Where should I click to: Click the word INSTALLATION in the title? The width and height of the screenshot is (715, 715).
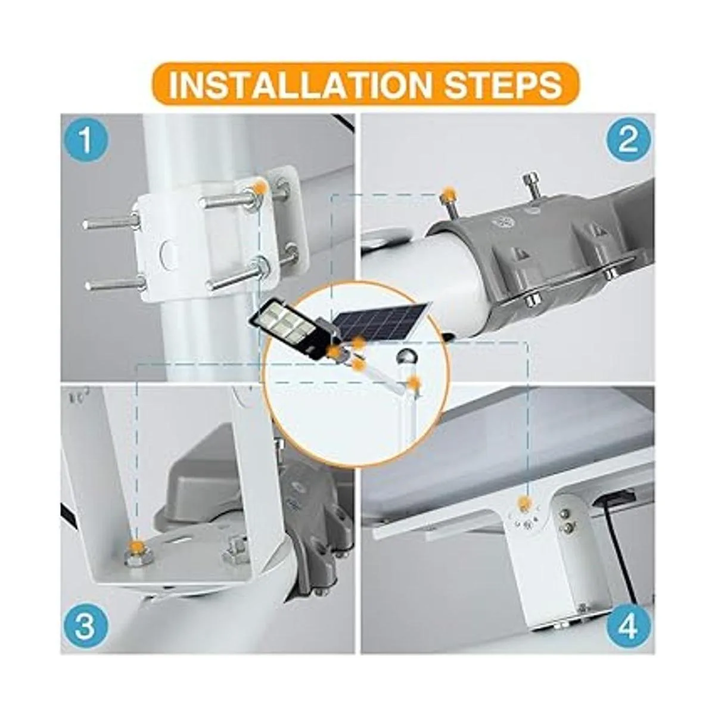[x=298, y=84]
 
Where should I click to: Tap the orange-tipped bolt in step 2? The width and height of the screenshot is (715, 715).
[x=447, y=195]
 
